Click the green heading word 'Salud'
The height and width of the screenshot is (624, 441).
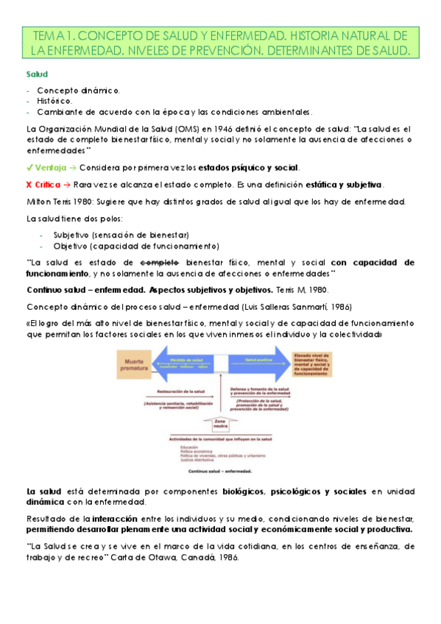tap(37, 74)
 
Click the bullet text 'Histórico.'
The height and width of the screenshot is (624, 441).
tap(54, 99)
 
